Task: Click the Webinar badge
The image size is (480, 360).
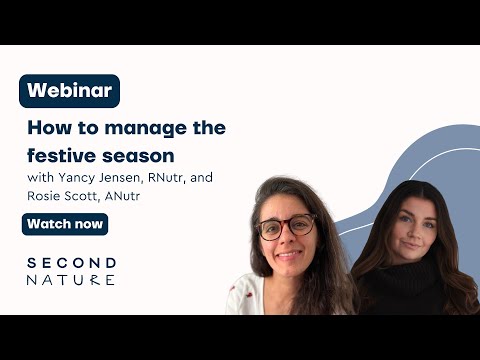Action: pos(69,91)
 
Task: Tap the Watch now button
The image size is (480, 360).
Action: pos(65,224)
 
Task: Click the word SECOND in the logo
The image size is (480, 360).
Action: pos(71,262)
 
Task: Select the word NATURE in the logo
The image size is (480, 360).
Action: pos(71,280)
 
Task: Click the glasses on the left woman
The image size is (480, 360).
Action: pos(286,227)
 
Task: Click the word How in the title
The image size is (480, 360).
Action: pos(44,129)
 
